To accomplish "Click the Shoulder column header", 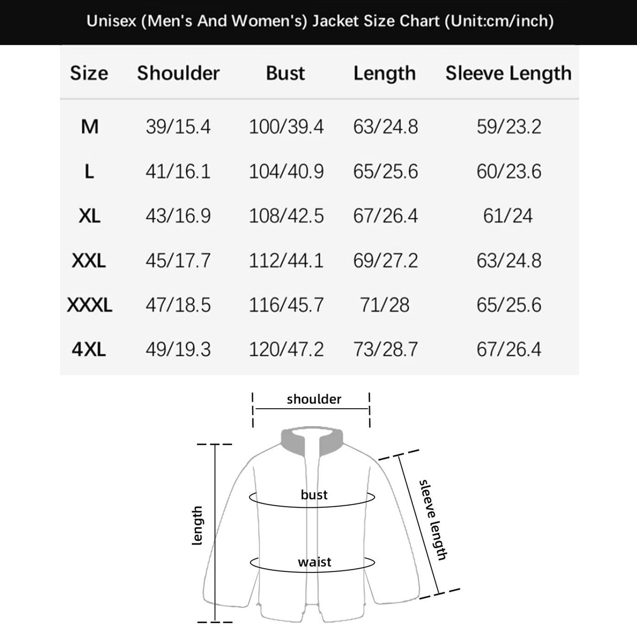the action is [178, 73].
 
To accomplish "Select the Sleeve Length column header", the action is [508, 73].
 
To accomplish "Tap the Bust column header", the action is [285, 73].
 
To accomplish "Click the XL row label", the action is [89, 216].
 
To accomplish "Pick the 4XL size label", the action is [89, 349].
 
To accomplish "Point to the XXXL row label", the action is [89, 305].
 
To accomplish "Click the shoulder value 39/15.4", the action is [178, 126].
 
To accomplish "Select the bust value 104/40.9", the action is [286, 172].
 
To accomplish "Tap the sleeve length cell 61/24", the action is [508, 216].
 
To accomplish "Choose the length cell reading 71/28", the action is [385, 305].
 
